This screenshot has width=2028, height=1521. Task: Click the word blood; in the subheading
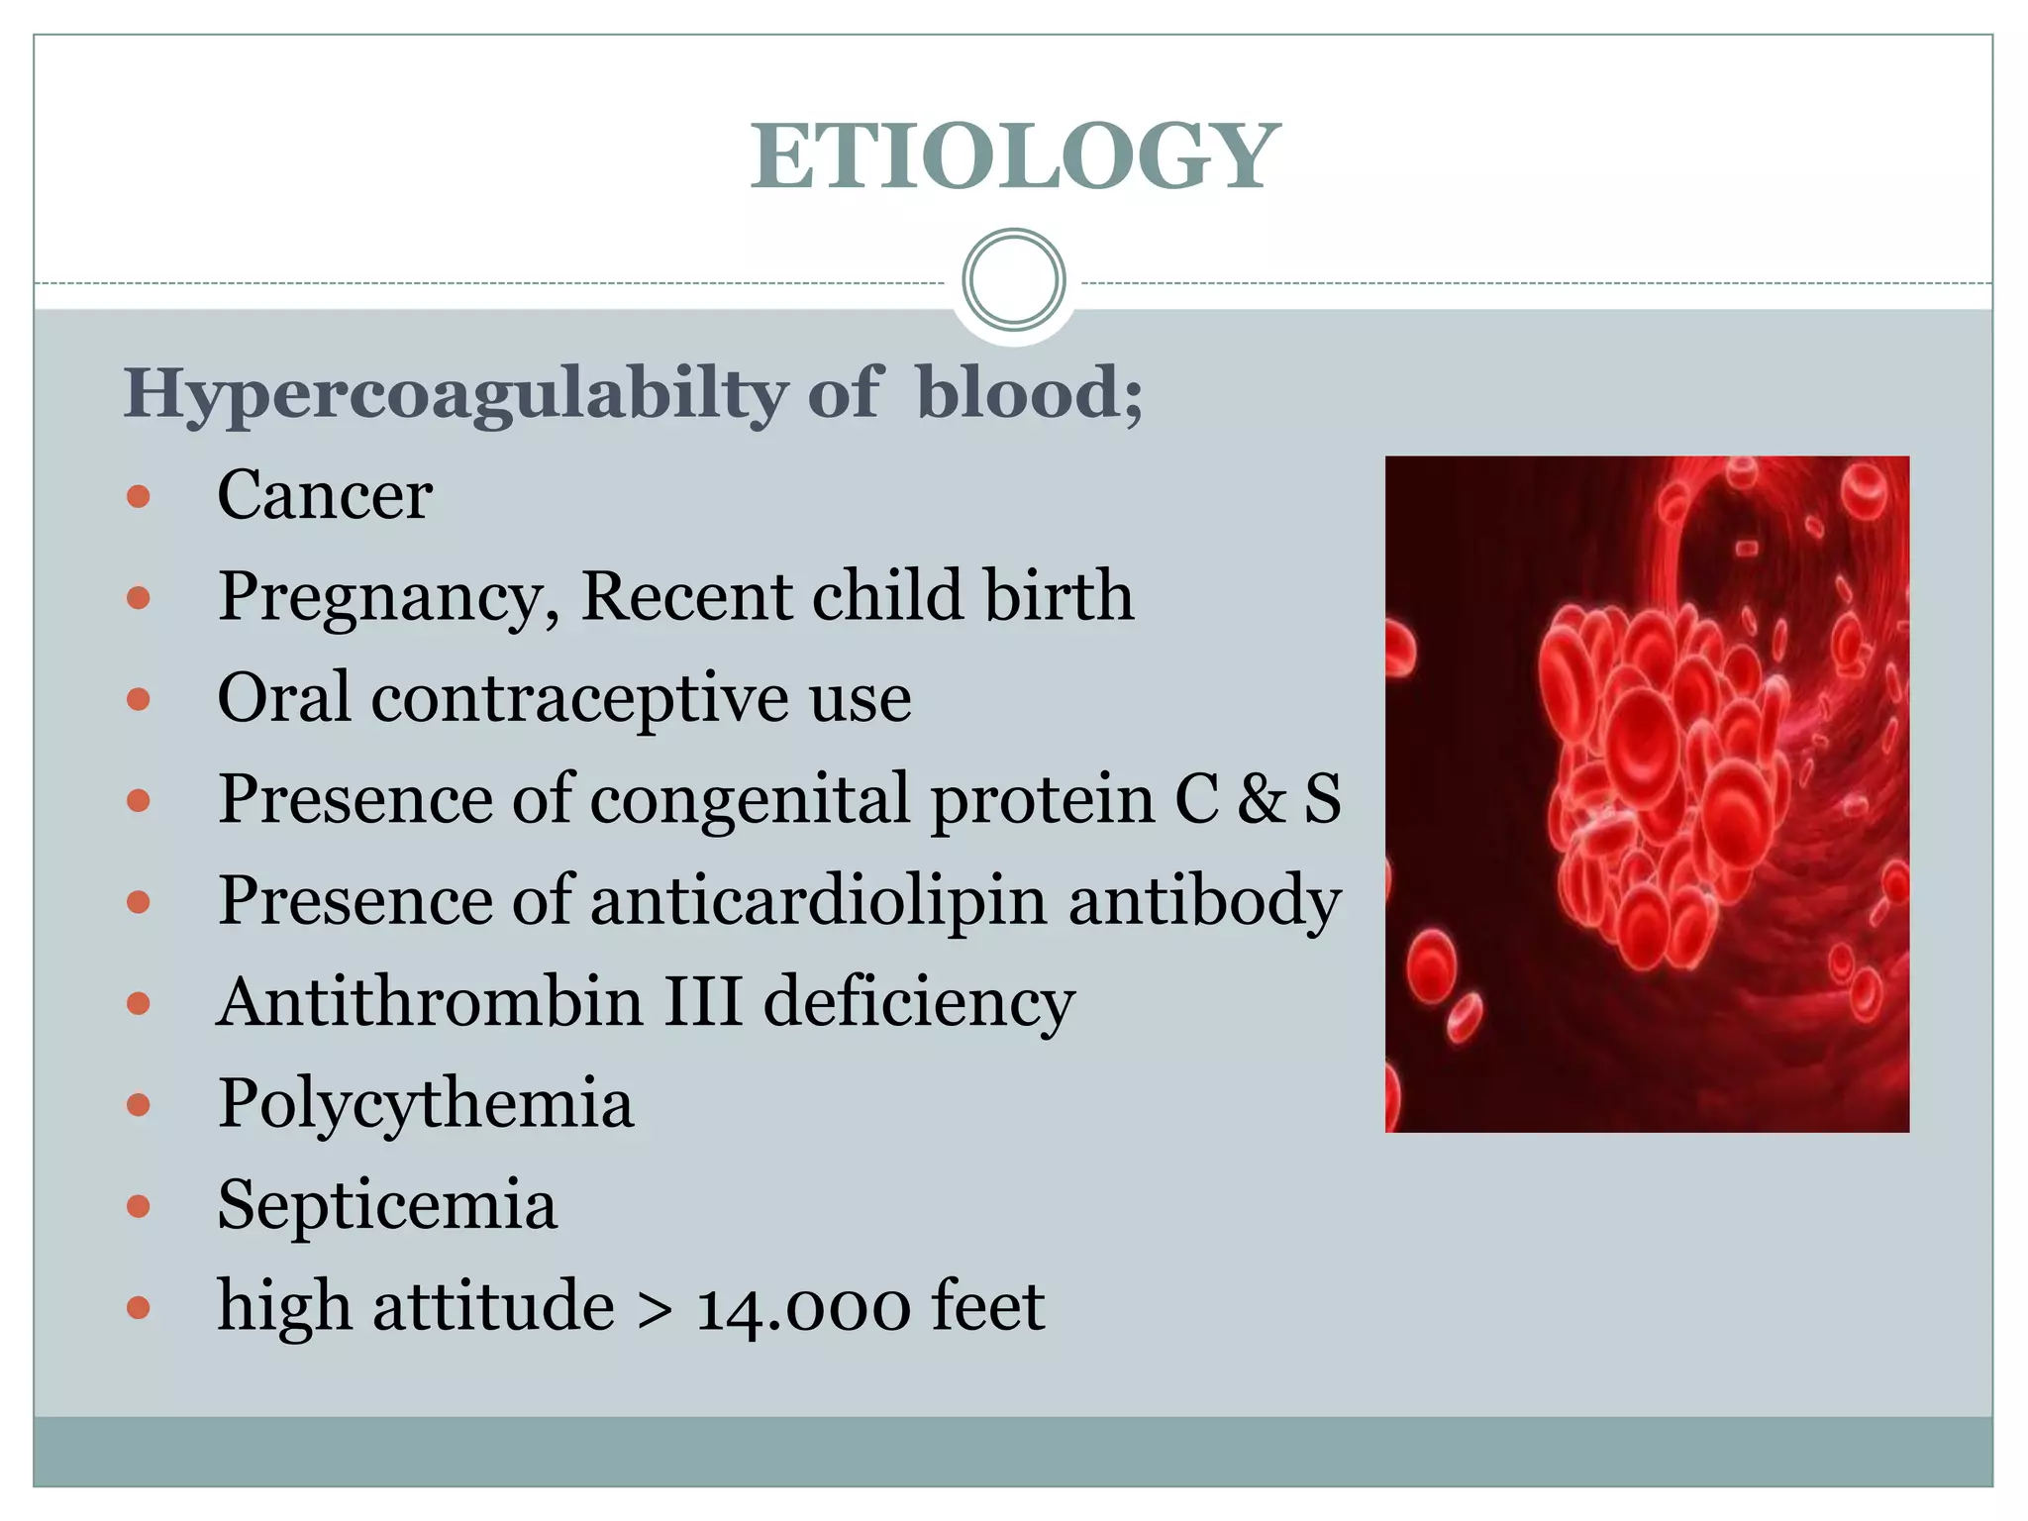1029,392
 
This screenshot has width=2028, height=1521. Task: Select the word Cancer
324,495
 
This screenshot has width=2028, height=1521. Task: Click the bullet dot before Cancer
139,496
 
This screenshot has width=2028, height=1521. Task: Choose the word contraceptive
579,698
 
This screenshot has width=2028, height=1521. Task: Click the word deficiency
919,1004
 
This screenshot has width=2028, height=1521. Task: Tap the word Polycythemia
425,1105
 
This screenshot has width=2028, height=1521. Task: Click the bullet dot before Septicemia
139,1206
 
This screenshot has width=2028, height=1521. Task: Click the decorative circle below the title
1014,280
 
